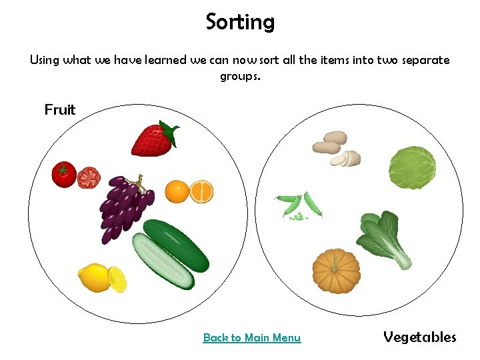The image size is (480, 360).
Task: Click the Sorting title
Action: tap(240, 22)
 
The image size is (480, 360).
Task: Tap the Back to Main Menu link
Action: tap(251, 338)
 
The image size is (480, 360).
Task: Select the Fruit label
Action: tap(60, 109)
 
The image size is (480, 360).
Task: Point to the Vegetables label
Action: tap(420, 337)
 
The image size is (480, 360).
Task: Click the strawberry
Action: tap(152, 140)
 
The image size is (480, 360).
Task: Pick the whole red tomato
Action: tap(64, 174)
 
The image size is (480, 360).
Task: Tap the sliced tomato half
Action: tap(88, 177)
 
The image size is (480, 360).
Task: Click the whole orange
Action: tap(177, 191)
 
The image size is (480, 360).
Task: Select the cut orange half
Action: tap(201, 192)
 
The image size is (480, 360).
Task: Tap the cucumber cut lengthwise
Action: tap(162, 261)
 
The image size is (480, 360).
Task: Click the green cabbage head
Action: tap(412, 167)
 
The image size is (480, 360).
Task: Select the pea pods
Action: tap(299, 206)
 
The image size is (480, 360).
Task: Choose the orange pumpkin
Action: tap(337, 271)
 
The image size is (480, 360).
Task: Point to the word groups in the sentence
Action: tap(240, 76)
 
